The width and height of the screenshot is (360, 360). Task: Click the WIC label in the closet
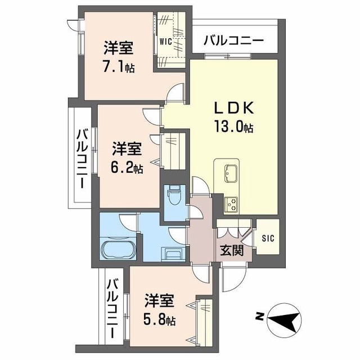tap(165, 42)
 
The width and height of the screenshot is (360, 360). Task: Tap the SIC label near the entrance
tap(268, 238)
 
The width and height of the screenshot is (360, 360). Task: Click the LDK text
tap(234, 107)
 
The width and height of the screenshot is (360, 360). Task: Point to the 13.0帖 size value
tap(234, 127)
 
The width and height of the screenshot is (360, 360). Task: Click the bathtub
tap(118, 250)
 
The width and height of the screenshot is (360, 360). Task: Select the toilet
tap(175, 196)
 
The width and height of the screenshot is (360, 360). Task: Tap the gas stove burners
tap(231, 204)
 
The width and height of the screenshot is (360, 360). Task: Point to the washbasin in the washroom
tap(173, 254)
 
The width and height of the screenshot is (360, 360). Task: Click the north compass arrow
tap(284, 319)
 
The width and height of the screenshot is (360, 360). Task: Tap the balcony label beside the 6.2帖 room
tap(82, 159)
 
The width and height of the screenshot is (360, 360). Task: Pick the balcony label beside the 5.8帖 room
tap(112, 308)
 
